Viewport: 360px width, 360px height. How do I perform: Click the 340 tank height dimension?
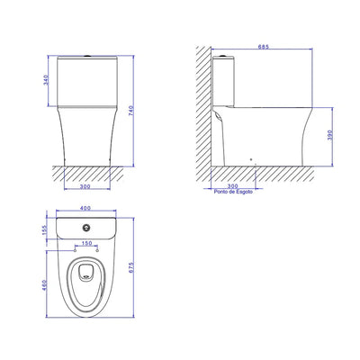pyautogui.click(x=46, y=80)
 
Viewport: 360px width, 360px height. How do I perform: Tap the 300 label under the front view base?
pyautogui.click(x=85, y=186)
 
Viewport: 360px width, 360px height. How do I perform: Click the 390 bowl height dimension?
pyautogui.click(x=330, y=136)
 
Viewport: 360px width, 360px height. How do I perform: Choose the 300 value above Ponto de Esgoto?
pyautogui.click(x=233, y=186)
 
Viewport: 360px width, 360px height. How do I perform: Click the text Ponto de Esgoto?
pyautogui.click(x=233, y=192)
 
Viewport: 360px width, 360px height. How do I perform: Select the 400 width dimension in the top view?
pyautogui.click(x=85, y=208)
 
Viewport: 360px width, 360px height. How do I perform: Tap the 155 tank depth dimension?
pyautogui.click(x=45, y=230)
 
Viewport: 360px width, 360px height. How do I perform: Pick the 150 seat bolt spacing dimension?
pyautogui.click(x=86, y=244)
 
